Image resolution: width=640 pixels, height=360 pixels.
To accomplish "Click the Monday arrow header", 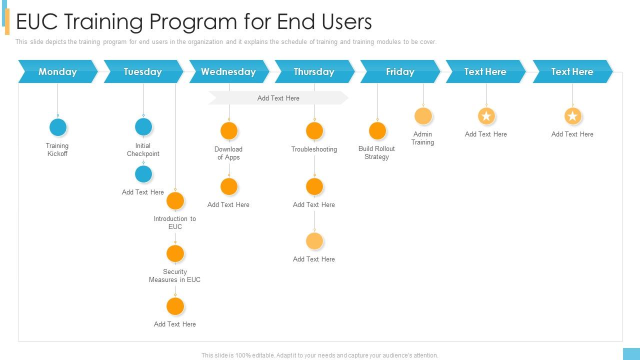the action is click(x=57, y=71).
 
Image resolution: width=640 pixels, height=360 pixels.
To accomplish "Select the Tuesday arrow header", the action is click(x=143, y=71).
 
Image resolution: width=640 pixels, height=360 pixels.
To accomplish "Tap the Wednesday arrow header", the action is click(x=229, y=71).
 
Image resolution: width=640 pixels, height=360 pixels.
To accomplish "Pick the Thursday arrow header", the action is click(x=314, y=71).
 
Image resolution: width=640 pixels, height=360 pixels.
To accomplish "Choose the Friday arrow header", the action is click(x=400, y=71).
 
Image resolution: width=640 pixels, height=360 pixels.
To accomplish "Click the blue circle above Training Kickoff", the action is click(x=58, y=127).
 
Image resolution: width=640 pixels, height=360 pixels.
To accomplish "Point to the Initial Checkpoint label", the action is click(x=143, y=149).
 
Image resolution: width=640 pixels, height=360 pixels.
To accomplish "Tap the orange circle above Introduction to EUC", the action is click(x=175, y=200).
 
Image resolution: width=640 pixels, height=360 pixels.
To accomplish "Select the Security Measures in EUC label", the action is click(x=174, y=275).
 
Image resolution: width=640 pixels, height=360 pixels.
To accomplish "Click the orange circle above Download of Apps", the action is click(x=229, y=130).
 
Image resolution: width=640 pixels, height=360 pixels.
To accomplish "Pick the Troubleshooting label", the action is click(x=314, y=149).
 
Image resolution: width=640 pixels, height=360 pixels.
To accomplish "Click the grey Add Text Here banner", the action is click(x=278, y=98).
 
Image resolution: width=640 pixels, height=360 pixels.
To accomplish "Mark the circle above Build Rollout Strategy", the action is click(x=377, y=130).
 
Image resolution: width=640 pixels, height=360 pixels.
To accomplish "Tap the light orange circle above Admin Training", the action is click(x=423, y=116).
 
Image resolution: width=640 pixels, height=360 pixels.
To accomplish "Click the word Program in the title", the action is click(x=193, y=22).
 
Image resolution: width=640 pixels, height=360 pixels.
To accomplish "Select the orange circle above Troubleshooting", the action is click(x=314, y=130).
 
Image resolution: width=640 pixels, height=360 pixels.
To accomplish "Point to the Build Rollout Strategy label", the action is click(x=376, y=152).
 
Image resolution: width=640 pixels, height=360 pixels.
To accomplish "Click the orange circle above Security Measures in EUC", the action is click(x=175, y=253).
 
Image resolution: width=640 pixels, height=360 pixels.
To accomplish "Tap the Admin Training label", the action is click(x=422, y=138).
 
